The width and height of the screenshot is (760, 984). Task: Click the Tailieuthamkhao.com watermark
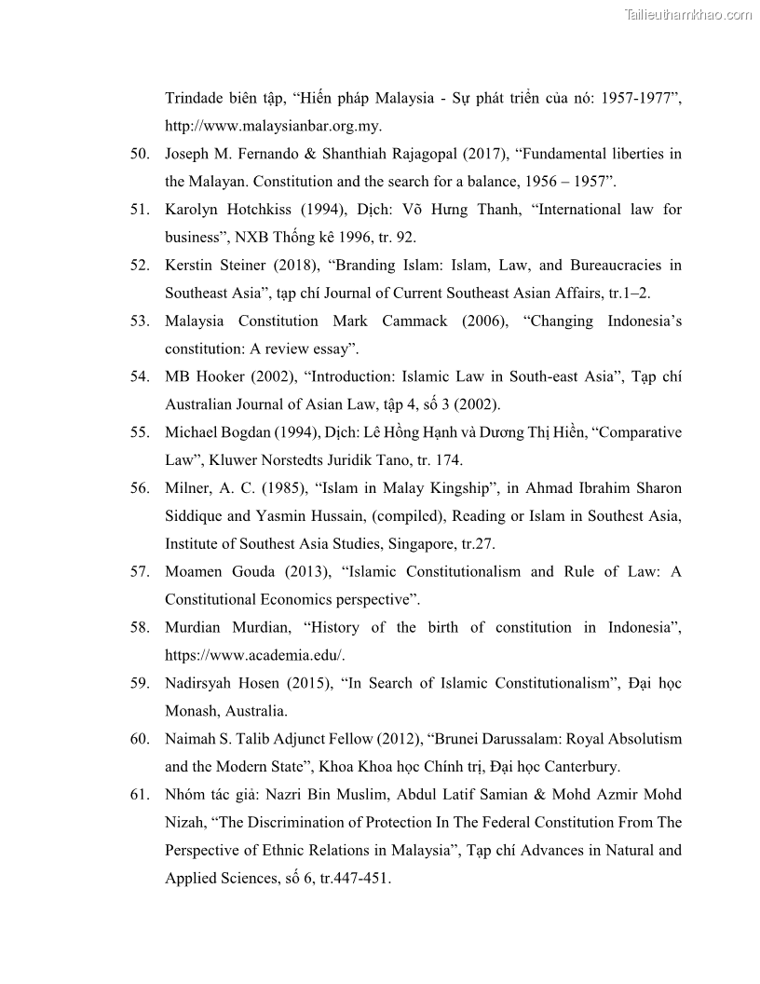click(x=688, y=14)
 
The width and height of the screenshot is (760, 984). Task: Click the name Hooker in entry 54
click(x=221, y=377)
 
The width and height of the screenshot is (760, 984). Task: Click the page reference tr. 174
click(x=437, y=460)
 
